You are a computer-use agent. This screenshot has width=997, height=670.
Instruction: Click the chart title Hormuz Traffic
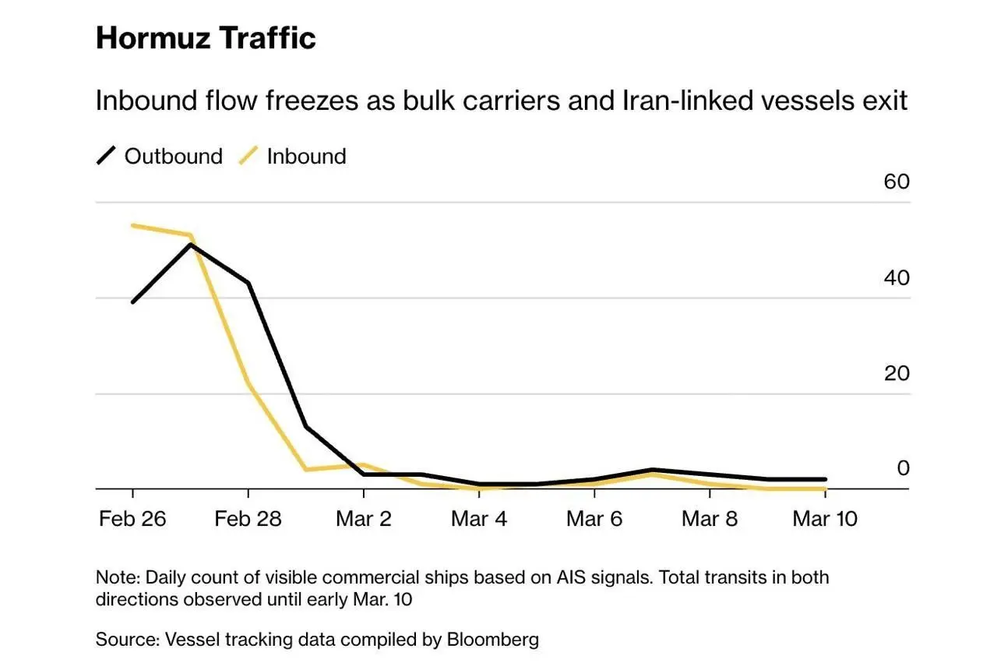pos(206,37)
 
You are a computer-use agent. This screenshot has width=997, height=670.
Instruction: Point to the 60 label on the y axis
pos(897,182)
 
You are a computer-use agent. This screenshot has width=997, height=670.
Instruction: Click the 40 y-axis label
pos(897,277)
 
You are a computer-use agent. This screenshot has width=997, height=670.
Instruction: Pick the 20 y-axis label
pos(897,373)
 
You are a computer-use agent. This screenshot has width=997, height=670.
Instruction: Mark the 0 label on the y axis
pos(903,468)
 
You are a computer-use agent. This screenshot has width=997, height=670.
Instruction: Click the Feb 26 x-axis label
pos(132,519)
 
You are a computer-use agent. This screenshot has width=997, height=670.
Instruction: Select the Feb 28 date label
pos(248,519)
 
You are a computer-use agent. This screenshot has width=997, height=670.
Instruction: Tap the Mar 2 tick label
pos(364,519)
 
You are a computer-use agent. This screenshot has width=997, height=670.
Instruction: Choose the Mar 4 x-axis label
pos(479,519)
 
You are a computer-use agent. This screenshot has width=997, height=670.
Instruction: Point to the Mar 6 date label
pos(594,519)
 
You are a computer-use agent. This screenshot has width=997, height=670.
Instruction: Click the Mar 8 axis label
pos(710,519)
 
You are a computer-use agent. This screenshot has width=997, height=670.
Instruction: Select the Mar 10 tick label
pos(825,519)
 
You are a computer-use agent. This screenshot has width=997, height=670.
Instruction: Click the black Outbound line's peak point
pos(190,245)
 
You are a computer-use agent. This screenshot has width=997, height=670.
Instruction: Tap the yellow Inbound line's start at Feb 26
pos(132,226)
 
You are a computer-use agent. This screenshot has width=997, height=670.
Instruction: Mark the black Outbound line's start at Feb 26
pos(132,302)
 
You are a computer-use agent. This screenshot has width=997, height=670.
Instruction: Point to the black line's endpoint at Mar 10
pos(825,480)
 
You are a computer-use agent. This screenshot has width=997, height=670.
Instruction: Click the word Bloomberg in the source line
pos(492,640)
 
